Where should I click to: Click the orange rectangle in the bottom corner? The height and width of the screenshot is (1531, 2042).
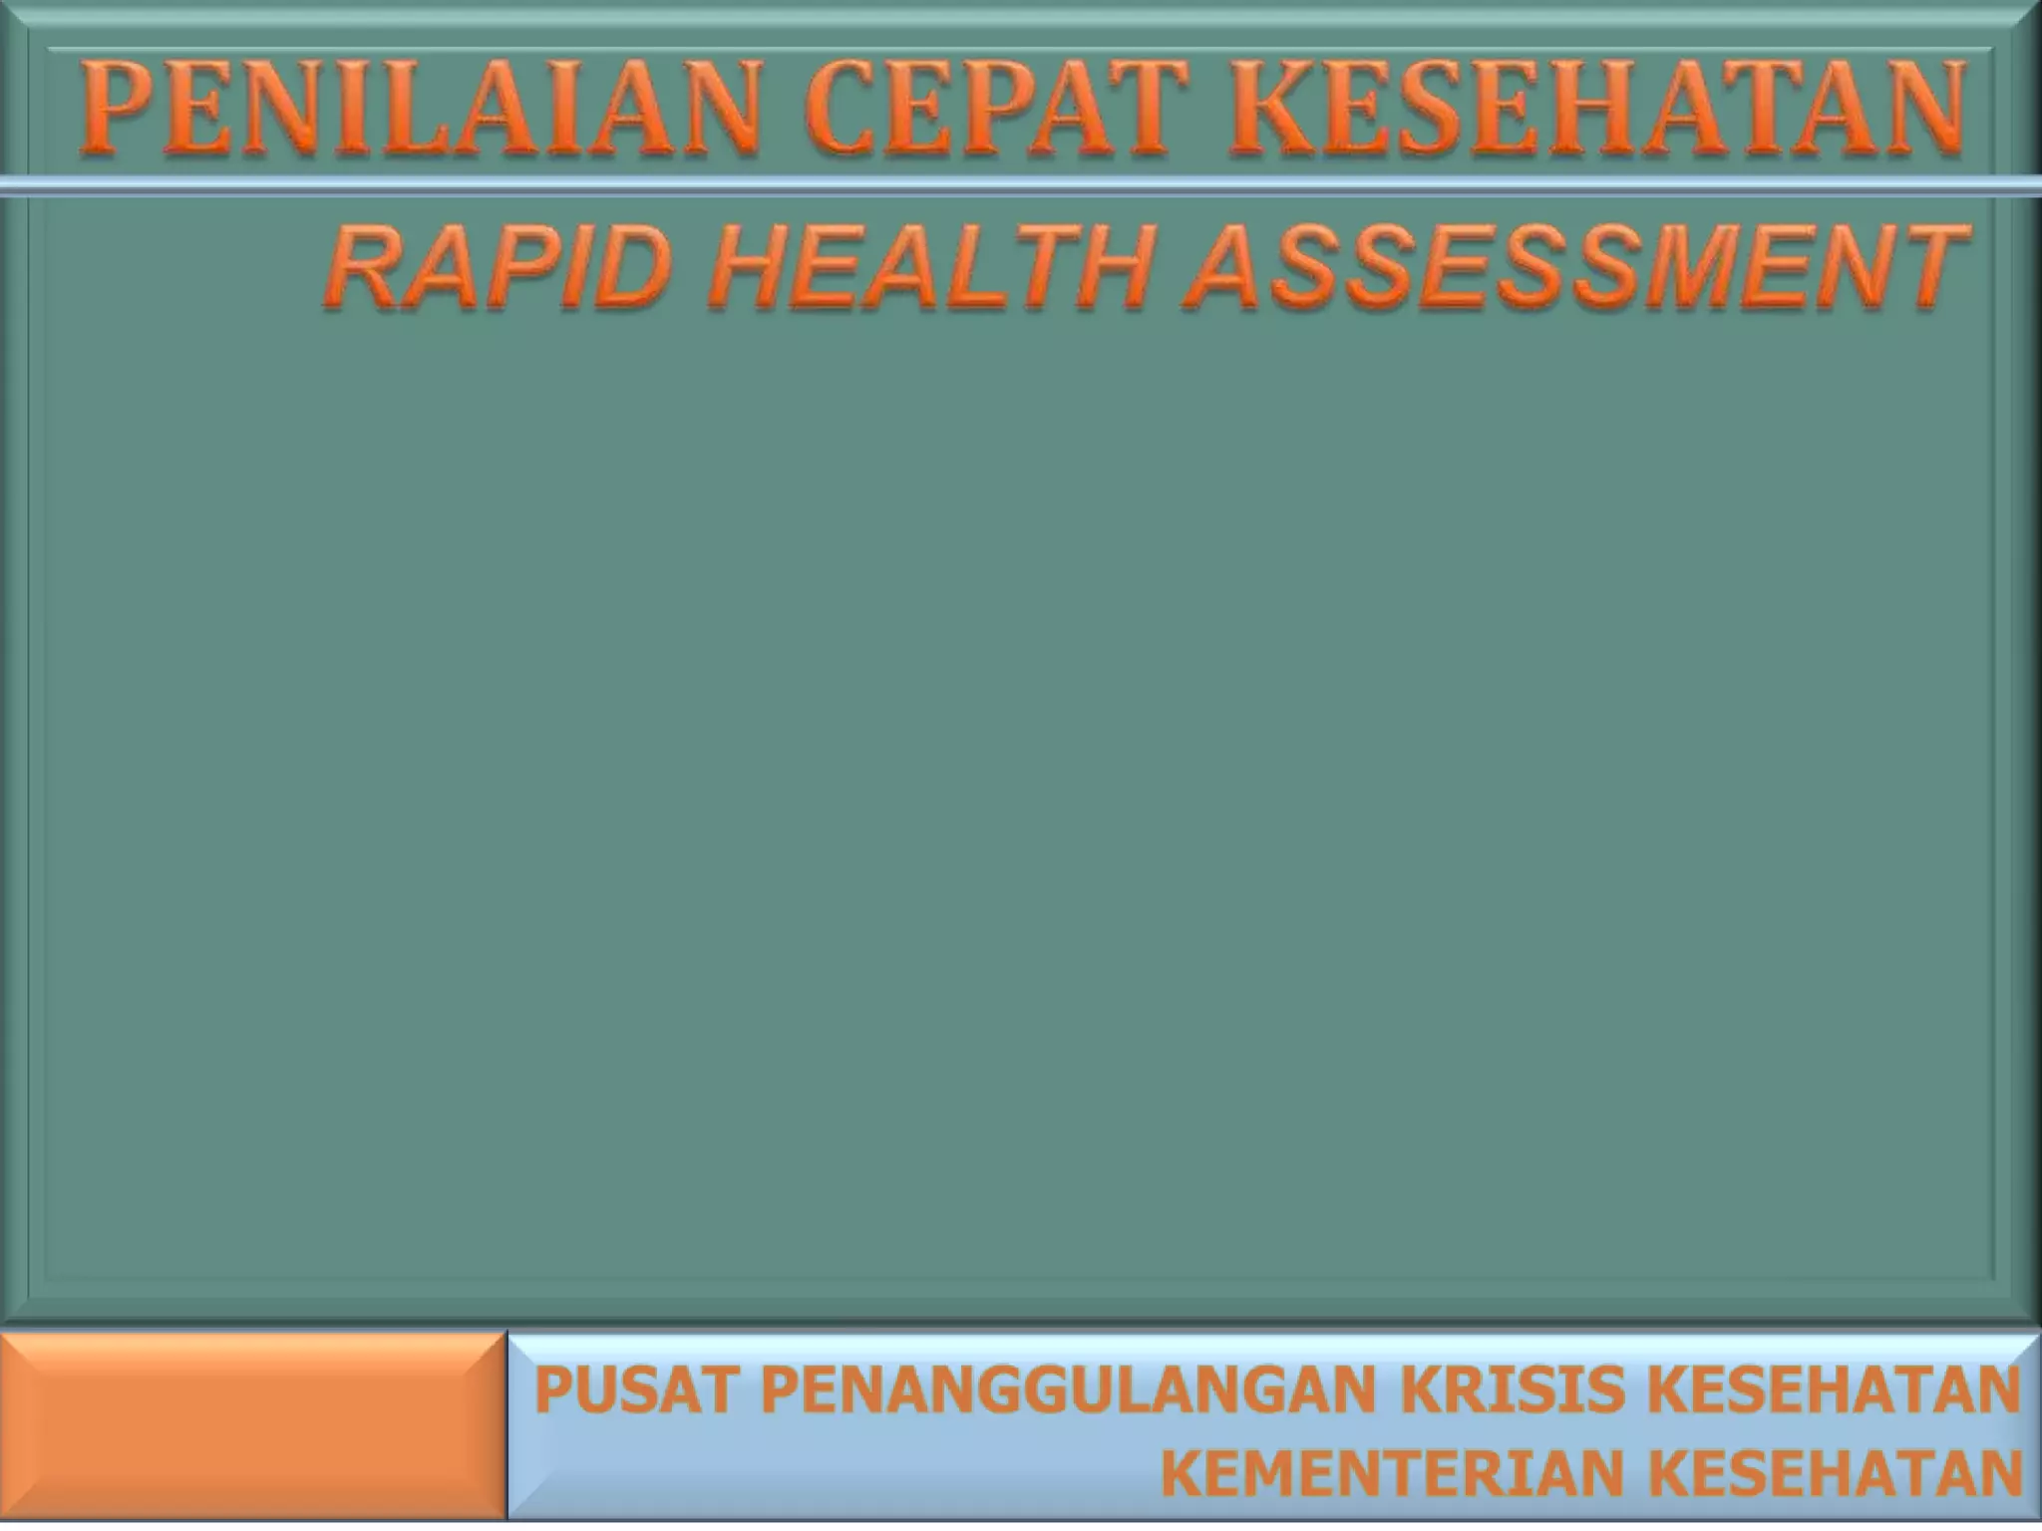253,1426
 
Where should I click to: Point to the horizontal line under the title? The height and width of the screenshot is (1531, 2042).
1021,186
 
